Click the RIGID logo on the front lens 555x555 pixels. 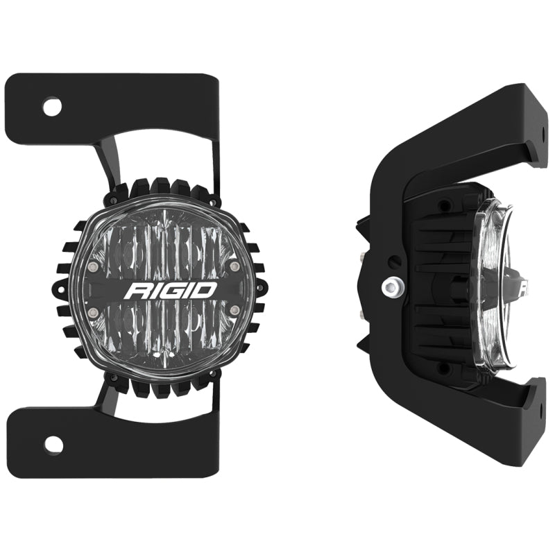coord(170,289)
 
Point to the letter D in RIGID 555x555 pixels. coord(207,289)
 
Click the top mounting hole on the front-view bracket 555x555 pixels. coord(52,107)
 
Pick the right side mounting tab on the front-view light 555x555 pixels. coord(260,287)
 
